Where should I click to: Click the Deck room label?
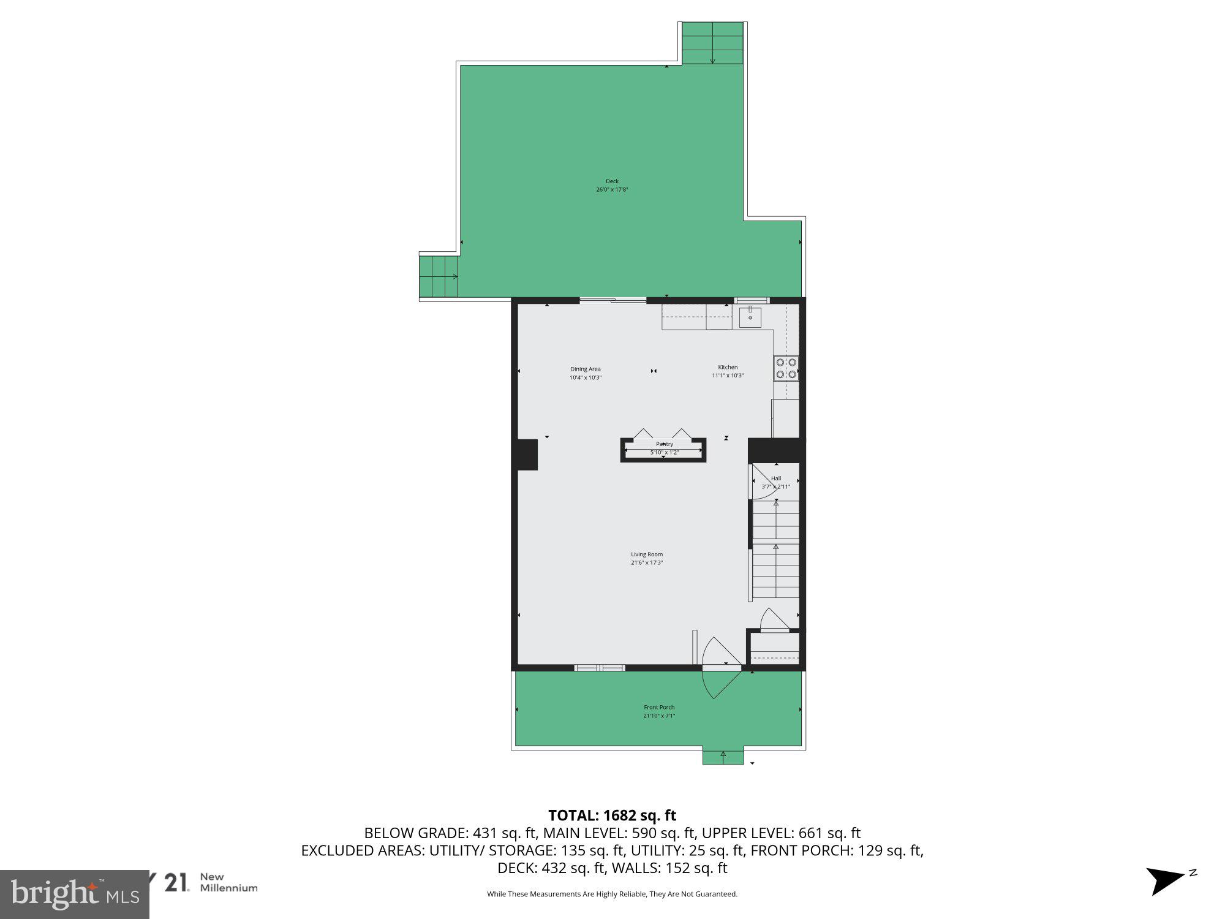pyautogui.click(x=612, y=181)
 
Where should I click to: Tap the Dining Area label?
pyautogui.click(x=585, y=369)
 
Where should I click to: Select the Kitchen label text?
pyautogui.click(x=728, y=368)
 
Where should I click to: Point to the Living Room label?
pyautogui.click(x=647, y=554)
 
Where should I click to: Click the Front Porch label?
pyautogui.click(x=659, y=707)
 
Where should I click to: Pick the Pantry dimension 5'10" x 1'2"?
pyautogui.click(x=664, y=453)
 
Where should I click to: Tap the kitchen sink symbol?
pyautogui.click(x=750, y=317)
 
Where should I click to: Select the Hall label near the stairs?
pyautogui.click(x=776, y=478)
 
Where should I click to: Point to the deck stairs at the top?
pyautogui.click(x=712, y=42)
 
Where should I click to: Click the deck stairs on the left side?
pyautogui.click(x=439, y=276)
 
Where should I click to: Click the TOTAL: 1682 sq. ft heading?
pyautogui.click(x=612, y=815)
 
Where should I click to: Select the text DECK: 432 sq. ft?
pyautogui.click(x=545, y=868)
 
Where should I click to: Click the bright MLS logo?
pyautogui.click(x=73, y=894)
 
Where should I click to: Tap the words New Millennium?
pyautogui.click(x=228, y=882)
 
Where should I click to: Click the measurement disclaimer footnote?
pyautogui.click(x=612, y=894)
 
